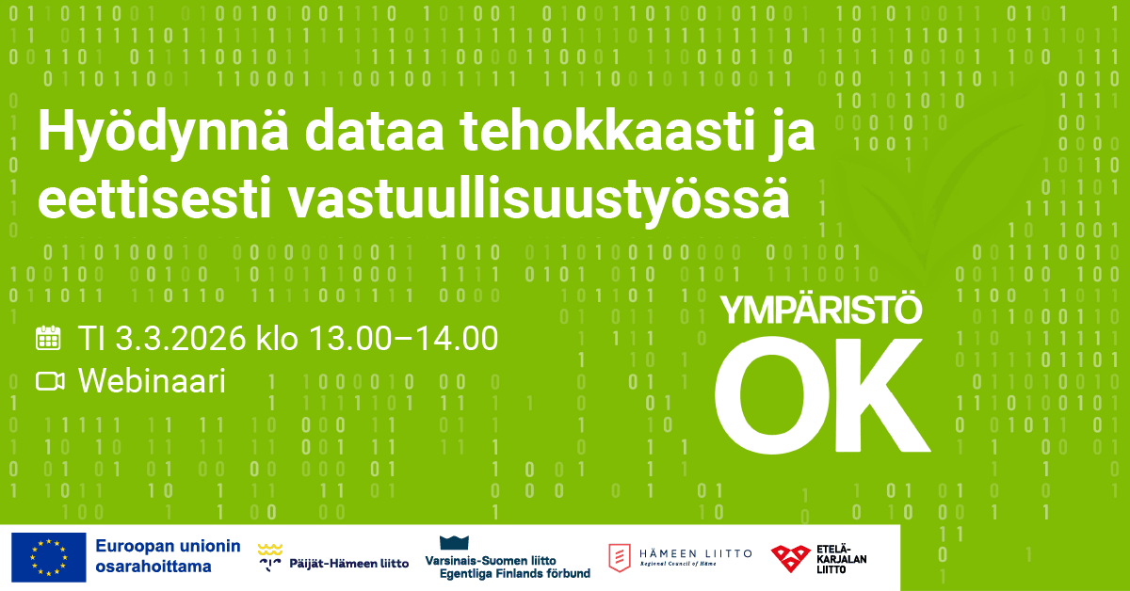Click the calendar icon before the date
point(48,338)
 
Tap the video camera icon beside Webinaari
point(49,381)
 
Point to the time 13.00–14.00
point(410,338)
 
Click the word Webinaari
point(152,381)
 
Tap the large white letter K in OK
point(879,393)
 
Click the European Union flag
point(47,557)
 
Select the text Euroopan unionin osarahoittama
point(168,557)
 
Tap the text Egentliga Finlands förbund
point(508,573)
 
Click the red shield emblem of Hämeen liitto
point(620,558)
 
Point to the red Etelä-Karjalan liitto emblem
point(789,558)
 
